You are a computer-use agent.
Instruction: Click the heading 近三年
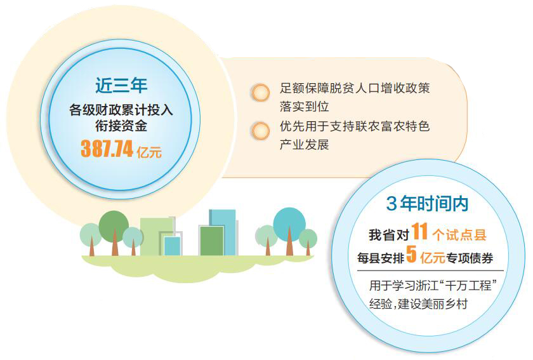121,85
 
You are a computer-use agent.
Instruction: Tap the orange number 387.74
107,149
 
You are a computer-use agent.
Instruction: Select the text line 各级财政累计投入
121,110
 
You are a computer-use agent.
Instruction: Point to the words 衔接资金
121,126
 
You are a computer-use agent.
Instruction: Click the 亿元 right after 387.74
149,152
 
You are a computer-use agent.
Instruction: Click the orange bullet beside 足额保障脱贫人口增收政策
260,93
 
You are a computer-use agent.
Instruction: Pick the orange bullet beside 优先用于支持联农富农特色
260,131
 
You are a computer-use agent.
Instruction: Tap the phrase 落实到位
304,107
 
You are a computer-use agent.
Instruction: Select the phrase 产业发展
304,145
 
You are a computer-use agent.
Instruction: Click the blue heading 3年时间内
427,203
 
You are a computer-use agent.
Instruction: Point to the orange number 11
419,232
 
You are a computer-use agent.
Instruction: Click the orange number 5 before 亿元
411,255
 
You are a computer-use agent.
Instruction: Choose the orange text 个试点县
459,235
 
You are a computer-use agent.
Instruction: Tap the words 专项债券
470,258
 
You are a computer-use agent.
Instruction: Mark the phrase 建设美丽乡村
433,303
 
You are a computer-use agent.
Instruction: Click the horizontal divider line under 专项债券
430,271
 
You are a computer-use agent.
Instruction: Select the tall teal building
223,232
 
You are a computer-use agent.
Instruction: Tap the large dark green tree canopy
114,226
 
